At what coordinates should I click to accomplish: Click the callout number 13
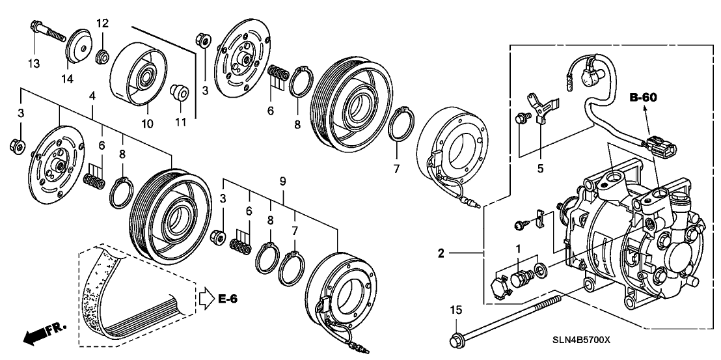click(x=33, y=63)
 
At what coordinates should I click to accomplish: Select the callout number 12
click(x=103, y=24)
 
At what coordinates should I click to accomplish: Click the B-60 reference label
click(x=644, y=98)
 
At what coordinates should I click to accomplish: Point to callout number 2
click(x=441, y=253)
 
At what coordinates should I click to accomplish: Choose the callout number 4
click(x=93, y=95)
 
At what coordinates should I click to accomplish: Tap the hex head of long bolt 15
click(x=456, y=339)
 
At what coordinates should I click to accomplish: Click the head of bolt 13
click(x=34, y=27)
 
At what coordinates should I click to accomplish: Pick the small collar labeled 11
click(x=179, y=92)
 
